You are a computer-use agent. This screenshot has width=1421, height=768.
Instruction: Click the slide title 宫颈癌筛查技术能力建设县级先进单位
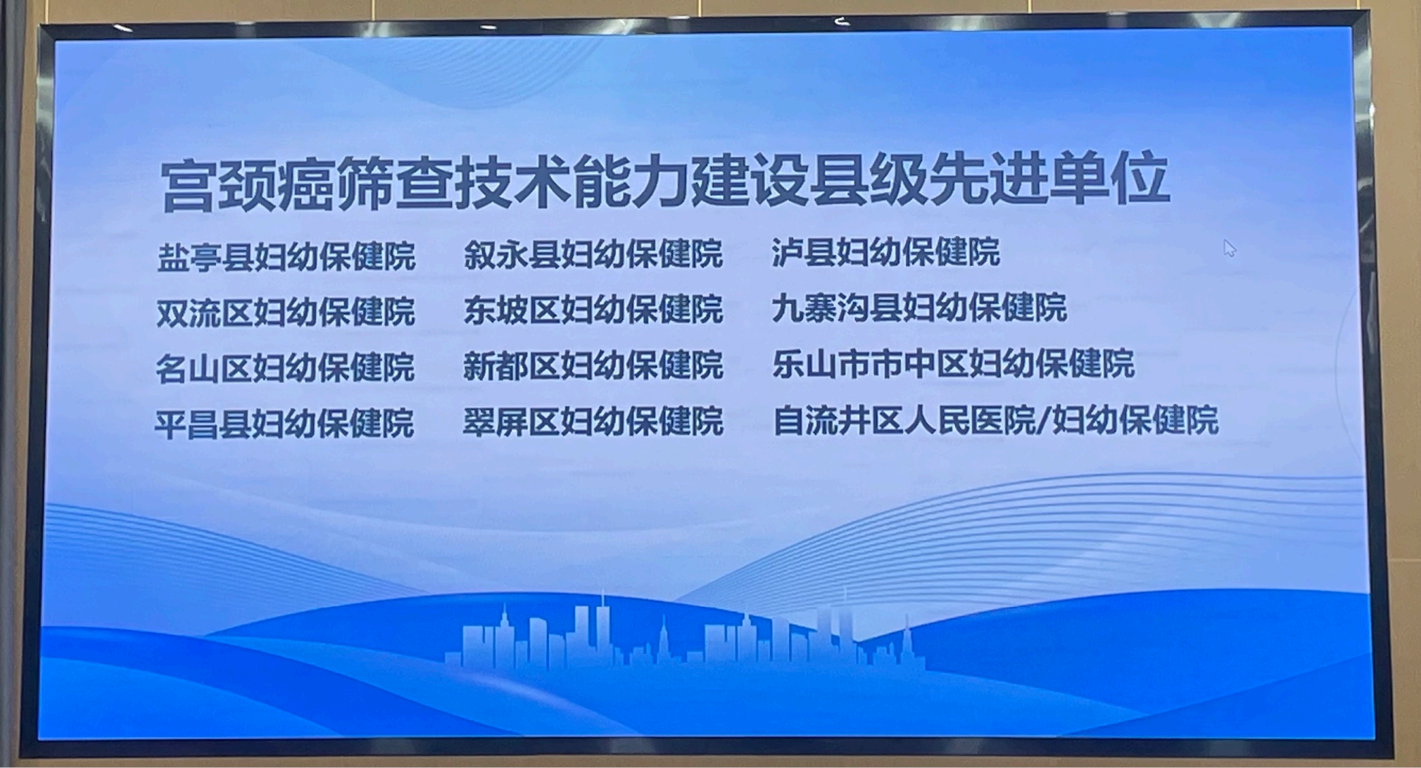[665, 184]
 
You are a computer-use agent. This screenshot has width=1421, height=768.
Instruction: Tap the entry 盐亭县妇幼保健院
[286, 256]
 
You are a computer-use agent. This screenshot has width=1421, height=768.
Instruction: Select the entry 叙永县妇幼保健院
[593, 254]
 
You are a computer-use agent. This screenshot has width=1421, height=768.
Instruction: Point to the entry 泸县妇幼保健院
[885, 252]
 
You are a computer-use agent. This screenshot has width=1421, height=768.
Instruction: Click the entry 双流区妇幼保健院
[285, 312]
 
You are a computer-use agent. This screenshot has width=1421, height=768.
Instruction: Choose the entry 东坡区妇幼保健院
[593, 310]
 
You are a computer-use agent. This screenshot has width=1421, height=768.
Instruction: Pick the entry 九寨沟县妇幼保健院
[919, 308]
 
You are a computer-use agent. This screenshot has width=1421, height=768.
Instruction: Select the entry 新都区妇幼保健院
[593, 365]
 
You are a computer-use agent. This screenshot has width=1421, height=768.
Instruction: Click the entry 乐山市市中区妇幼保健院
[953, 364]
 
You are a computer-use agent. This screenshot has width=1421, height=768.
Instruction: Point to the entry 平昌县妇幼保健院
[284, 424]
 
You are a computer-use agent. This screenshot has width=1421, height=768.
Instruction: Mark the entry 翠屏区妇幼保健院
[593, 421]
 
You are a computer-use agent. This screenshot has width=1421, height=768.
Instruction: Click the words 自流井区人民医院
[904, 420]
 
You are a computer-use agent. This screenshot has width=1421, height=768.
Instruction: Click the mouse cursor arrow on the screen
[1230, 248]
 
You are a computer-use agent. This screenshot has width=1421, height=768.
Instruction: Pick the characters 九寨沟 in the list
[820, 308]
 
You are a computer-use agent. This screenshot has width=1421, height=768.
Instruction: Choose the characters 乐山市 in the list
[821, 364]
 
